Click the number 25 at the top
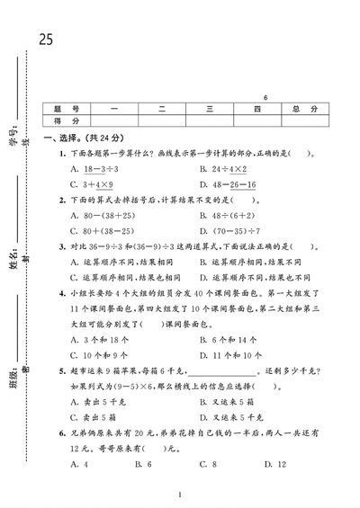(x=46, y=39)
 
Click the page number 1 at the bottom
(x=180, y=495)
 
